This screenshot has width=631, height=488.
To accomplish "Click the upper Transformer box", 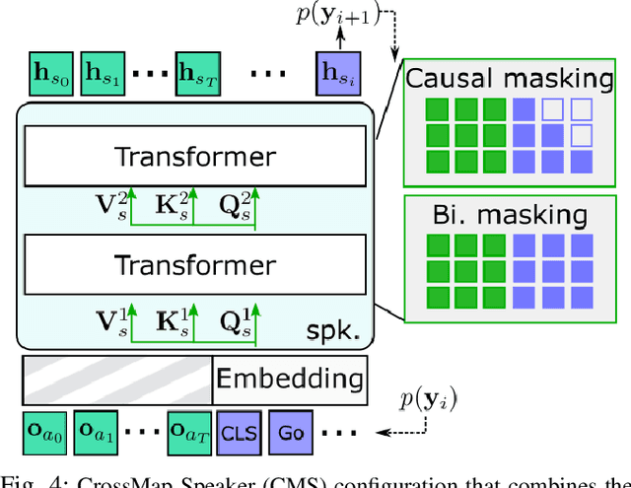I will point(195,156).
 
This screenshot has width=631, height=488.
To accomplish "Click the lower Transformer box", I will point(195,264).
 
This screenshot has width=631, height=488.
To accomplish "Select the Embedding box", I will point(289,379).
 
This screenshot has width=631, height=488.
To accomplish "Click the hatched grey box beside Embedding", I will point(117,379).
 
